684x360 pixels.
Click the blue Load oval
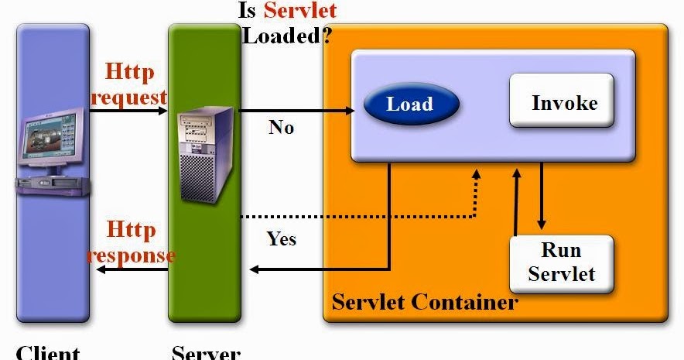pyautogui.click(x=410, y=104)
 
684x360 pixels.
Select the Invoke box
pyautogui.click(x=563, y=101)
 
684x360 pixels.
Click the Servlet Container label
pyautogui.click(x=425, y=301)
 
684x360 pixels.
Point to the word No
pyautogui.click(x=281, y=127)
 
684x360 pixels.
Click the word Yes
pyautogui.click(x=282, y=238)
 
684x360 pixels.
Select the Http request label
pyautogui.click(x=129, y=85)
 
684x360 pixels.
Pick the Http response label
pyautogui.click(x=129, y=242)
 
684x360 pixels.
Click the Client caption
pyautogui.click(x=48, y=352)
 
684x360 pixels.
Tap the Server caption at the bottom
pyautogui.click(x=206, y=352)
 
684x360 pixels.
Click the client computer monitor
pyautogui.click(x=52, y=140)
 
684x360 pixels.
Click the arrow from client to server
pyautogui.click(x=128, y=111)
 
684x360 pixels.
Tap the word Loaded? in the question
pyautogui.click(x=283, y=36)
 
